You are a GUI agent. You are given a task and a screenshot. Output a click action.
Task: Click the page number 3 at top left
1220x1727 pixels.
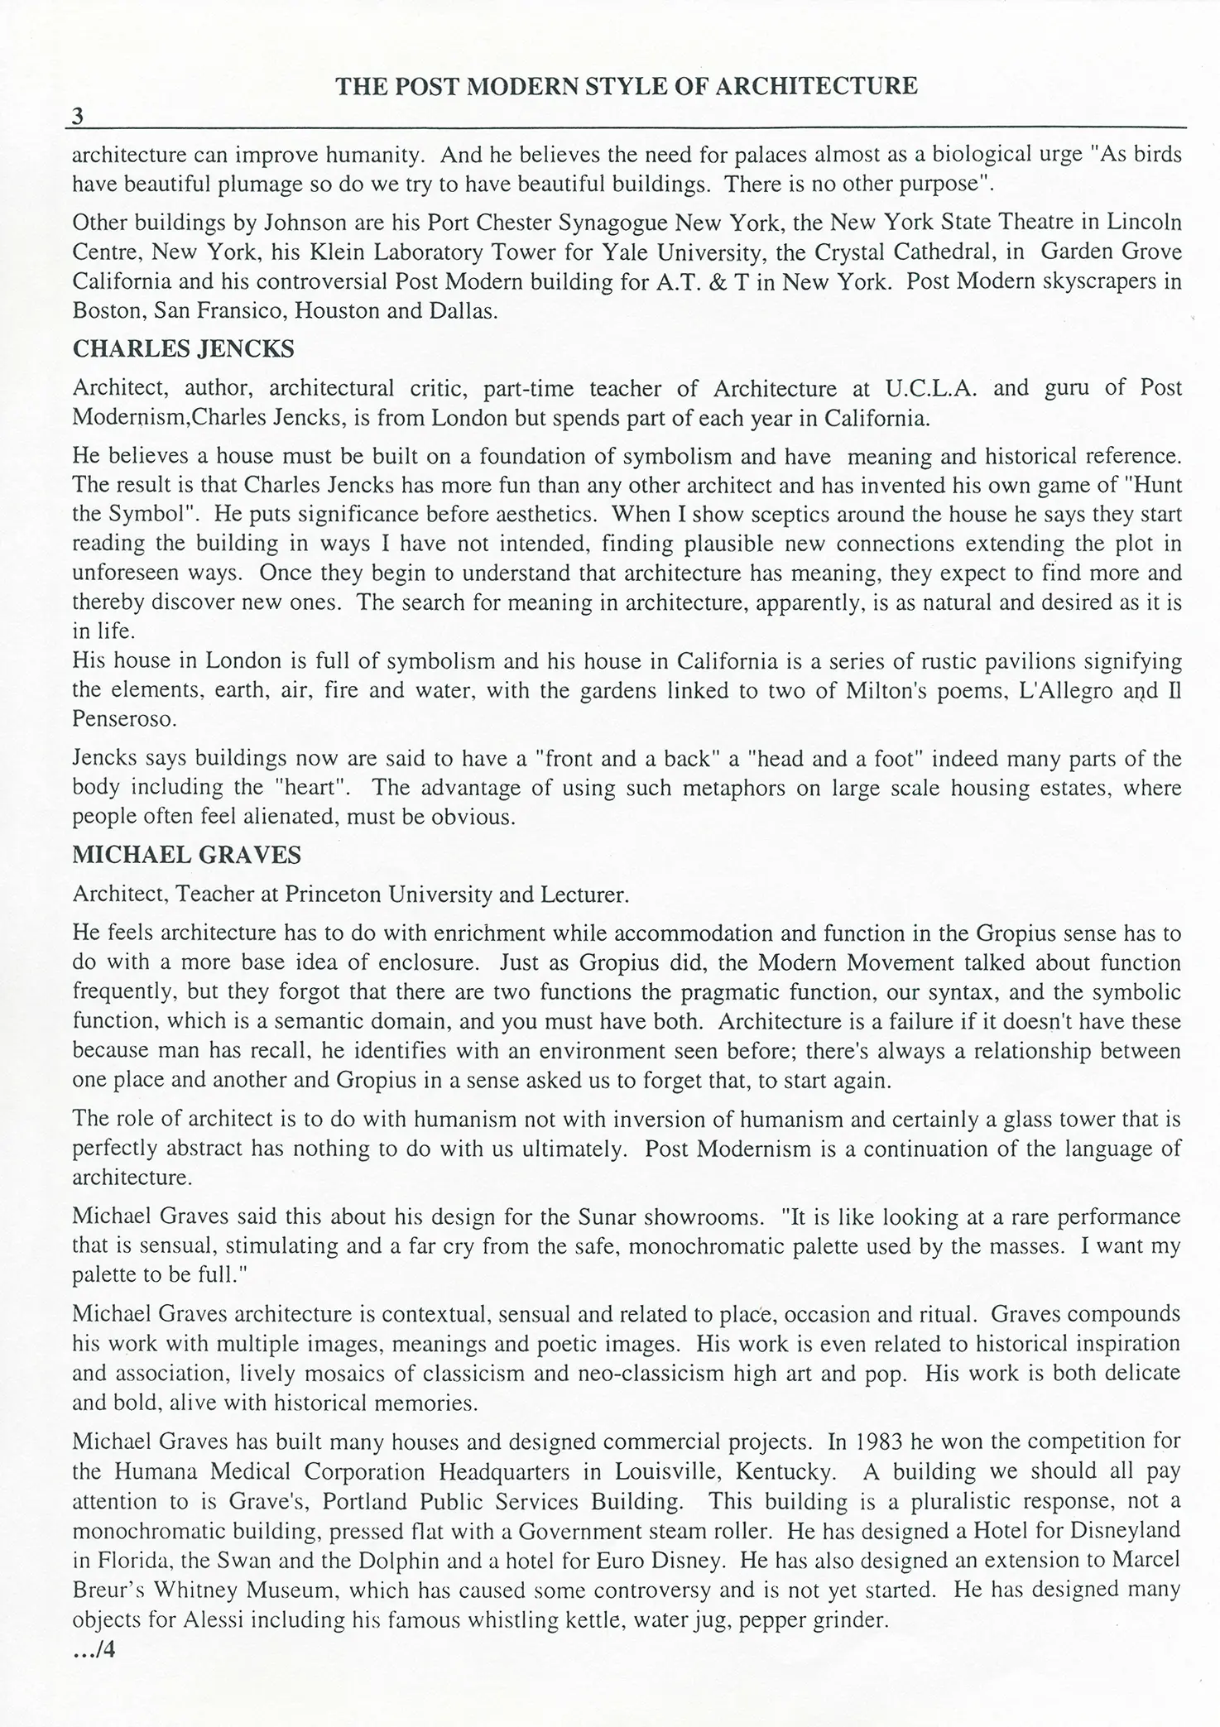pos(78,117)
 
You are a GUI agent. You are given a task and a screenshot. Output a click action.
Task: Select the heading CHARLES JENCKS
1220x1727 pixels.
pos(183,349)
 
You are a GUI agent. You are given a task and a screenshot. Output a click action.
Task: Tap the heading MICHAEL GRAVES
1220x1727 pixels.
pos(187,856)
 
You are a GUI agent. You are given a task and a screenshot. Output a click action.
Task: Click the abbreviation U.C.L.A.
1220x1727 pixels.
pos(931,389)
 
